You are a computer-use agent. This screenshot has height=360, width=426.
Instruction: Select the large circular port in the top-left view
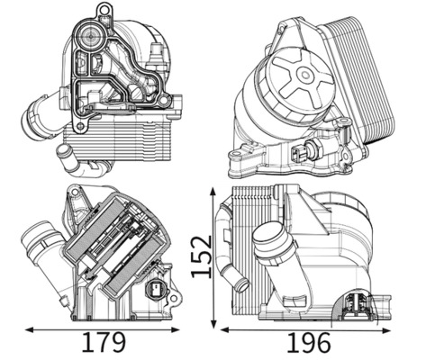[x=90, y=40]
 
